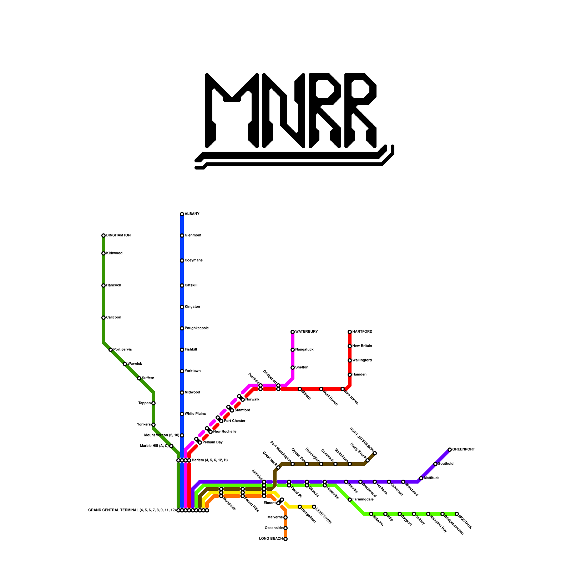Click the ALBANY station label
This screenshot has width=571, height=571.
[192, 214]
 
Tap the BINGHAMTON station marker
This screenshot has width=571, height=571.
[103, 236]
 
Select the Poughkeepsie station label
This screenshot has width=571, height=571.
[196, 328]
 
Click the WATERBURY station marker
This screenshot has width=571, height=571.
[293, 332]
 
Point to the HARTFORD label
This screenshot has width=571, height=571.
[362, 332]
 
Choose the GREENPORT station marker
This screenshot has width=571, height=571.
[450, 450]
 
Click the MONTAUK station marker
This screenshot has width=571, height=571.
[457, 514]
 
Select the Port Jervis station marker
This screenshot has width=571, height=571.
[111, 350]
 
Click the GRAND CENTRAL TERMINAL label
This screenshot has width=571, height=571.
[132, 510]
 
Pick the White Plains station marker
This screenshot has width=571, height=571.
[182, 414]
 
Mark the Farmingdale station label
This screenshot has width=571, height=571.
[363, 500]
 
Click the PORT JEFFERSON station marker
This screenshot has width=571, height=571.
[375, 453]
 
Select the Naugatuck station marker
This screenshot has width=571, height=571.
[293, 350]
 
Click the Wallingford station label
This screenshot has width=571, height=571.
[362, 360]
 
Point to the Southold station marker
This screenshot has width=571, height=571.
[435, 464]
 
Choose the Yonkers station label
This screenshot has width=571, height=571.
[144, 425]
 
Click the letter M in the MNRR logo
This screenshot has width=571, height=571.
[232, 111]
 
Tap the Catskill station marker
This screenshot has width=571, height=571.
[182, 285]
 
